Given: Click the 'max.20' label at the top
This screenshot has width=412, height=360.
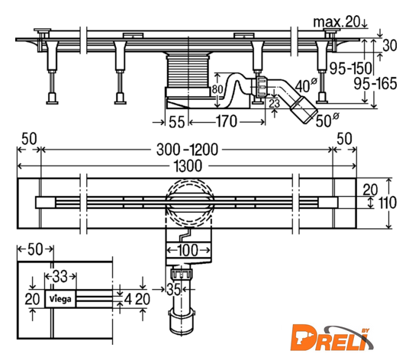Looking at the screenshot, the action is tap(336, 22).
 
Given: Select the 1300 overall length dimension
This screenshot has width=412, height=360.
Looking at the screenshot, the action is tap(188, 166).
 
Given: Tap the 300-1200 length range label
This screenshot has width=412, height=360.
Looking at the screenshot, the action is tap(187, 149).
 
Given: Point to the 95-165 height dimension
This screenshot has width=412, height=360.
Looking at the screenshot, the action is tap(375, 84).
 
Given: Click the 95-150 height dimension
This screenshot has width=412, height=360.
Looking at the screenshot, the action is tap(351, 69).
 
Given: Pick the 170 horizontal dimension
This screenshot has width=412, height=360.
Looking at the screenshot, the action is tap(227, 121).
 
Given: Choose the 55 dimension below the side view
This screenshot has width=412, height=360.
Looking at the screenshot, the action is tap(176, 122).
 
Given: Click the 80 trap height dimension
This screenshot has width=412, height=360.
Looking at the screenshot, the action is tap(217, 89).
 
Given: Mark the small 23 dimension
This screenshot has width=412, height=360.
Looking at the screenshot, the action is tap(274, 104).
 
